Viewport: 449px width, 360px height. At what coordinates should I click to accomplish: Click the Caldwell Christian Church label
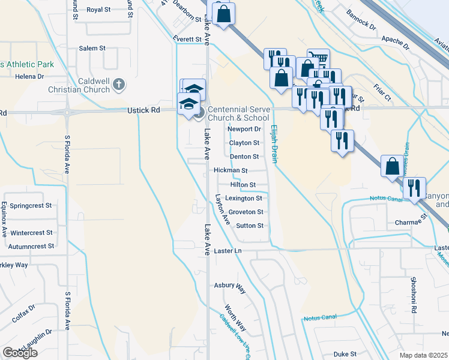click(93, 85)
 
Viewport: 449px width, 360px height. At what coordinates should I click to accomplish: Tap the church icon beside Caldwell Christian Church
click(118, 85)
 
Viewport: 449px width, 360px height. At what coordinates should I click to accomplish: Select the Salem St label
click(92, 48)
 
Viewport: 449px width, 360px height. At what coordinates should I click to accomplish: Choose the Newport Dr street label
click(244, 129)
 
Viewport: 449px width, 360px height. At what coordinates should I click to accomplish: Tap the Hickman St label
click(231, 170)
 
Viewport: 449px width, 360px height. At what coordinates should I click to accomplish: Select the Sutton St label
click(250, 226)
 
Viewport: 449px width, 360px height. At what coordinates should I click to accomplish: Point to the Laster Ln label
click(228, 250)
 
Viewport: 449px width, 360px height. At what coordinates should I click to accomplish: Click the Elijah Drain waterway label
click(274, 143)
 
